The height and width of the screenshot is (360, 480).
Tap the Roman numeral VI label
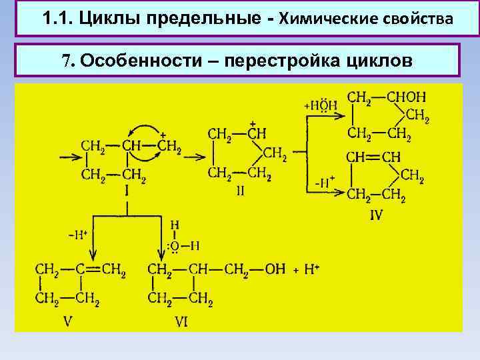(x=181, y=322)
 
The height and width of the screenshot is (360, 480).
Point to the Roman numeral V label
(x=67, y=321)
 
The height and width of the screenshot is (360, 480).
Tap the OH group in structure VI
(x=275, y=269)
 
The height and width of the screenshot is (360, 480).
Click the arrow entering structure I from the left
(x=69, y=157)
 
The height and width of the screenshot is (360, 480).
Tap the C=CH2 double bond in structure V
(x=93, y=270)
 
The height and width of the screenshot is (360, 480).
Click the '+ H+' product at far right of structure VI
(x=307, y=269)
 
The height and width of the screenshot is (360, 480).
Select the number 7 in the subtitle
(x=66, y=61)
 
